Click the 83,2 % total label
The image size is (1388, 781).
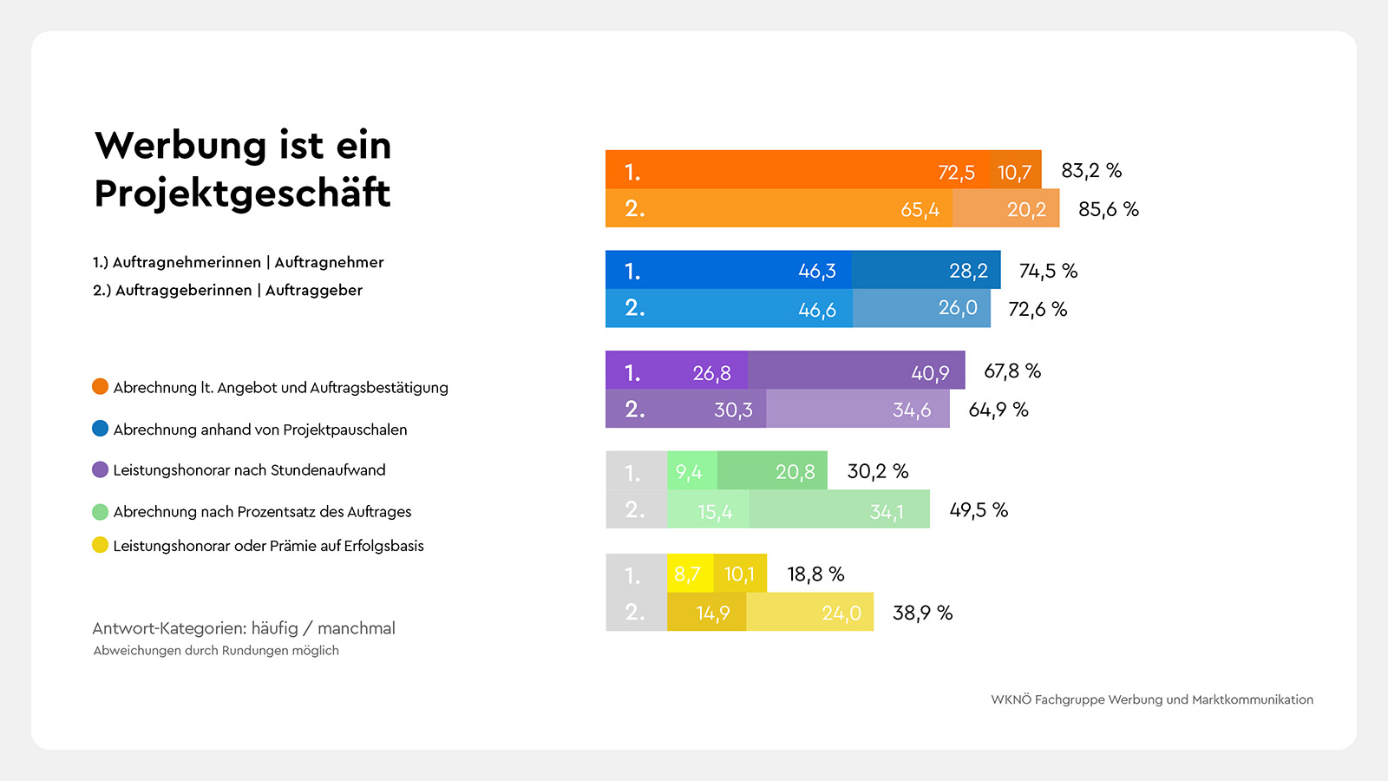click(x=1090, y=171)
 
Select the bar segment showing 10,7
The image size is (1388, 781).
click(x=1014, y=171)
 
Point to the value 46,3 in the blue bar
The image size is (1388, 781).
click(x=816, y=271)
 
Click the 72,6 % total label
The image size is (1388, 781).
click(x=1037, y=310)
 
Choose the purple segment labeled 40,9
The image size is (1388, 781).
click(x=857, y=371)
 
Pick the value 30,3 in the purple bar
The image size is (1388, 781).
click(x=732, y=410)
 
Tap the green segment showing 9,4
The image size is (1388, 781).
click(x=691, y=472)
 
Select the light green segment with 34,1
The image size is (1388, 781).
click(x=840, y=510)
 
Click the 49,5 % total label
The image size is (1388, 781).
click(x=978, y=510)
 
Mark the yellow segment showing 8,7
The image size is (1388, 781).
click(x=689, y=574)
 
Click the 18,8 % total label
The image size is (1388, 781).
click(x=815, y=574)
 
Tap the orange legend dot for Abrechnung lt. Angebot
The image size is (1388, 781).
click(x=101, y=387)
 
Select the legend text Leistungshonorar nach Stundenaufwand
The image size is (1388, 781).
click(x=249, y=470)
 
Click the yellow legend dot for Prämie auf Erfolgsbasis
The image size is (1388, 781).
click(x=101, y=545)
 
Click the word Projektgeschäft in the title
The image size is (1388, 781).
click(x=242, y=193)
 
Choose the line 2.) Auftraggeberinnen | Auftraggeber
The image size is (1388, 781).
click(x=227, y=290)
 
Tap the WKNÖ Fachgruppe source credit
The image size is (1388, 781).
click(x=1151, y=699)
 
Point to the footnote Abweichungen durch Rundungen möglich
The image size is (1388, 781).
click(x=216, y=651)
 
